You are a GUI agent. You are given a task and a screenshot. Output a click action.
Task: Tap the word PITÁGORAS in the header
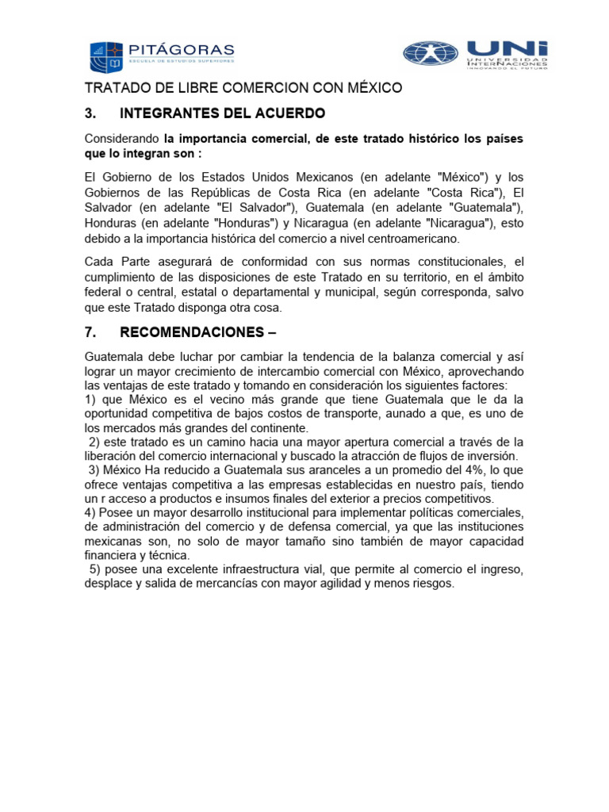coord(183,48)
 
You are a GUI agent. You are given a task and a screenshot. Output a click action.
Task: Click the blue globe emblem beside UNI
coord(430,53)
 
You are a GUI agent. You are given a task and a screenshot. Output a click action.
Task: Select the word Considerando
coord(121,139)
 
